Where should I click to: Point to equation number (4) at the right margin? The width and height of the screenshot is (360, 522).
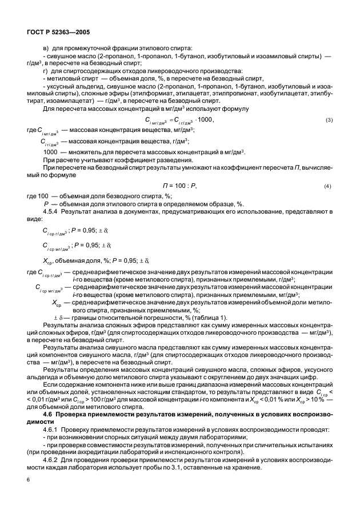(x=328, y=186)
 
